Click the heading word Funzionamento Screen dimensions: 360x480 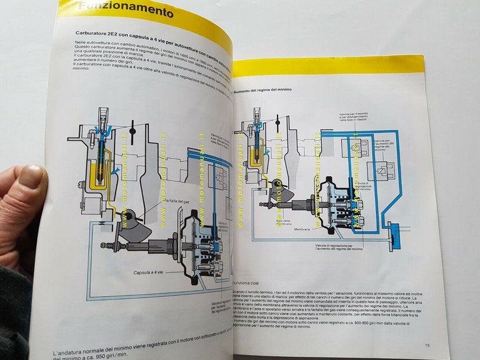click(126, 11)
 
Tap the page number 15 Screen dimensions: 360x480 click(427, 345)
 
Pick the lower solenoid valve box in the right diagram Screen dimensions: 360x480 click(381, 172)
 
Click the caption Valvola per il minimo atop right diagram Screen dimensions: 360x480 click(354, 117)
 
